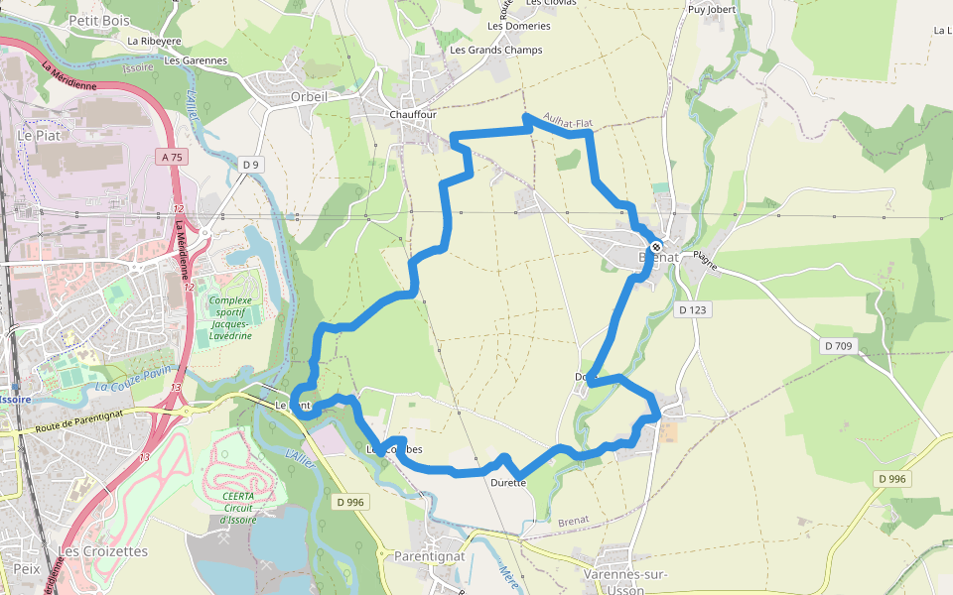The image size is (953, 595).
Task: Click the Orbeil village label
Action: (310, 96)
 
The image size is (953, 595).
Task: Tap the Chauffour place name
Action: (413, 114)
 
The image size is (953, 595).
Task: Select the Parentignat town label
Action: (429, 556)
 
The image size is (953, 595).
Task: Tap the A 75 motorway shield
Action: (171, 157)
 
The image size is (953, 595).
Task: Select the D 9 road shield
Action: (250, 165)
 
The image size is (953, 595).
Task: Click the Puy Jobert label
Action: (712, 10)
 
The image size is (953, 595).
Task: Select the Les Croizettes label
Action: (102, 551)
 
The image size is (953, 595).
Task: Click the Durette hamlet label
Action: (508, 483)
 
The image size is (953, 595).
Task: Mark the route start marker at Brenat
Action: (656, 246)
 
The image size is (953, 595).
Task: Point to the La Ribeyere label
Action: (155, 42)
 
